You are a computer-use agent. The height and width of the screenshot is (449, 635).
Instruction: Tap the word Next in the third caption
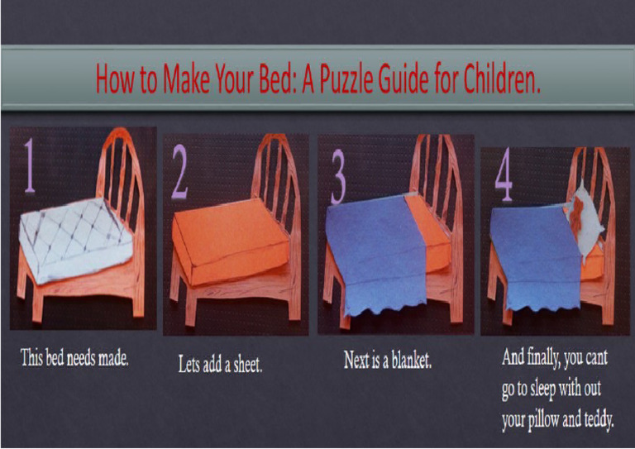coord(357,361)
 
